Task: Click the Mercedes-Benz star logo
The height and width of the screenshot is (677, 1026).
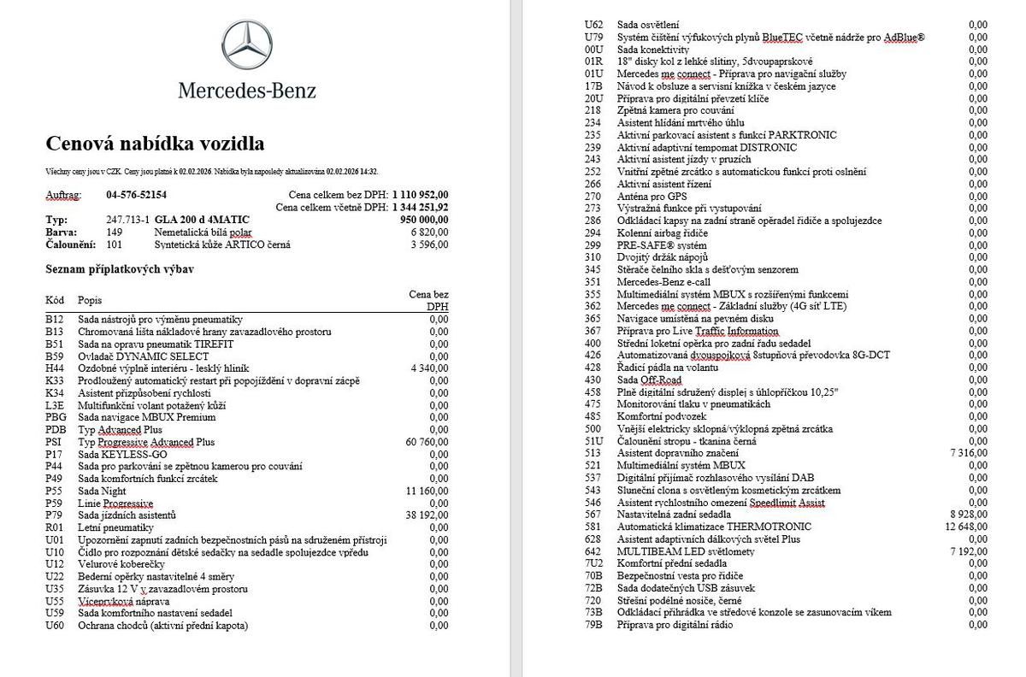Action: point(246,45)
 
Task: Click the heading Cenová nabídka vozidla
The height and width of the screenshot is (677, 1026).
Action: point(155,143)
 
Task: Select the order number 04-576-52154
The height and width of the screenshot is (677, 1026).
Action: point(136,195)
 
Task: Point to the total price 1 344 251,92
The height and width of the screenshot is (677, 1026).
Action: point(420,208)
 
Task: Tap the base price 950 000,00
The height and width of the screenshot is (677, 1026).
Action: point(424,220)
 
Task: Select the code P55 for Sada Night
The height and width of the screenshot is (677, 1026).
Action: point(54,491)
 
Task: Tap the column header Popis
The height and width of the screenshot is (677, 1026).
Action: point(90,300)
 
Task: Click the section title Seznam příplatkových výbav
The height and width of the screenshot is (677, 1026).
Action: point(120,269)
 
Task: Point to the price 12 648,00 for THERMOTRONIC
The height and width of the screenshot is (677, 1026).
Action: point(966,527)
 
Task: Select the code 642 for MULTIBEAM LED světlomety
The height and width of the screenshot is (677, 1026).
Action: point(593,551)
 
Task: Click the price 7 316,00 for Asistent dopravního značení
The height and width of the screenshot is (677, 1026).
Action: point(969,453)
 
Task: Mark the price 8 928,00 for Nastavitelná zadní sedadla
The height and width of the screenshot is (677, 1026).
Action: point(969,515)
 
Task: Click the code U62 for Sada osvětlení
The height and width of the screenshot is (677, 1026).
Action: point(593,25)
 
